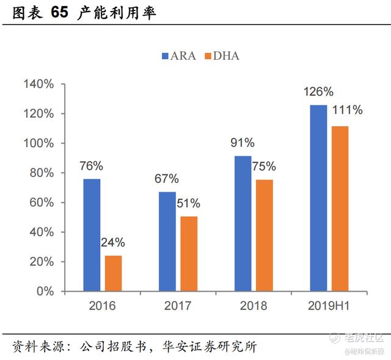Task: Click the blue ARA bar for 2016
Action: coord(92,235)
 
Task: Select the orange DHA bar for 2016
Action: coord(113,273)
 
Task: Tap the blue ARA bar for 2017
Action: coord(167,242)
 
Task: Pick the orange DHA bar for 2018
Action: coord(264,236)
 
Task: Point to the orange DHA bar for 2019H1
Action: coord(339,209)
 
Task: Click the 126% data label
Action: coord(318,92)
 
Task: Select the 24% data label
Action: coord(112,242)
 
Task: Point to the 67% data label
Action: coord(166,179)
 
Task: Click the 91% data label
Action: coord(242,143)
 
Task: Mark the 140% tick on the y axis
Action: coord(41,84)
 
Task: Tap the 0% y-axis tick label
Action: coord(46,291)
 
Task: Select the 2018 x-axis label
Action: coord(254,306)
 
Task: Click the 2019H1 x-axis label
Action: coord(329,306)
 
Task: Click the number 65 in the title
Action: coord(56,13)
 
